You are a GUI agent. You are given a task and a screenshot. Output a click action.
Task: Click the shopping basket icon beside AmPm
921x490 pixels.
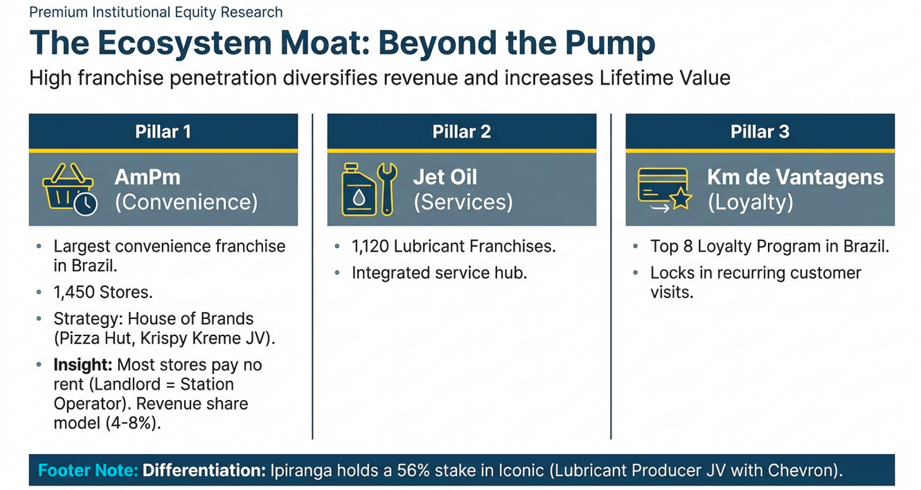click(68, 189)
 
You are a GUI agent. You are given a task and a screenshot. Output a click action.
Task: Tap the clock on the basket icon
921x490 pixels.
click(85, 203)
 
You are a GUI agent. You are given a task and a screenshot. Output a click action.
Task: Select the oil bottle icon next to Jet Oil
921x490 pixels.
click(358, 190)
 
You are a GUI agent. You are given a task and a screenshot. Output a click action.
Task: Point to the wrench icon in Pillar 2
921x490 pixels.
click(387, 189)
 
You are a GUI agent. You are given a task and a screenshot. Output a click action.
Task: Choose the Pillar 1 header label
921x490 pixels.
click(163, 132)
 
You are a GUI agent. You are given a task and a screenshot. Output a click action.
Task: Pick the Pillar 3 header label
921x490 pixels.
click(760, 132)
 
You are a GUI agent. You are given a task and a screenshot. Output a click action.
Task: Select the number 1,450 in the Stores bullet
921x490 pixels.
click(74, 292)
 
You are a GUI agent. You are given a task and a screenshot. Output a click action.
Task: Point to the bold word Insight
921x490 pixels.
click(83, 365)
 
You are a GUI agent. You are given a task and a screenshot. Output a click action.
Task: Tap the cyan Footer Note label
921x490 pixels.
click(87, 470)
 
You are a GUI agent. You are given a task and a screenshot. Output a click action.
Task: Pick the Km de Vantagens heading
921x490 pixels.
click(795, 177)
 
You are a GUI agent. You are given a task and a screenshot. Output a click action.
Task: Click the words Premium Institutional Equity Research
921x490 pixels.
click(156, 12)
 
